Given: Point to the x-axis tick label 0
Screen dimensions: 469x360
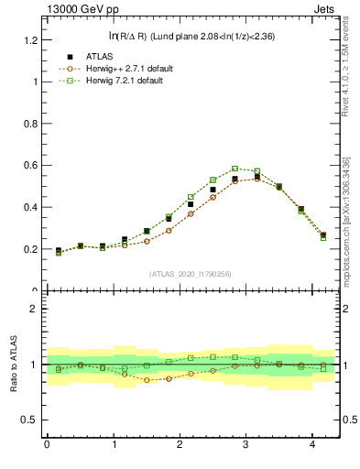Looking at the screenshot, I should coord(47,446).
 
